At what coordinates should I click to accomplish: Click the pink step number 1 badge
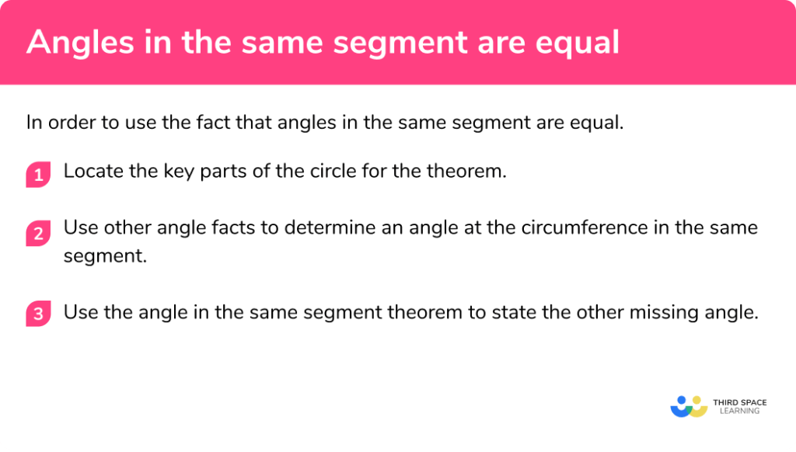38,175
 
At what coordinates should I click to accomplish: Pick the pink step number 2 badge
38,231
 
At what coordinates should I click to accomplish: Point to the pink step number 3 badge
38,314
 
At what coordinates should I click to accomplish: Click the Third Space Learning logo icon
687,405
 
